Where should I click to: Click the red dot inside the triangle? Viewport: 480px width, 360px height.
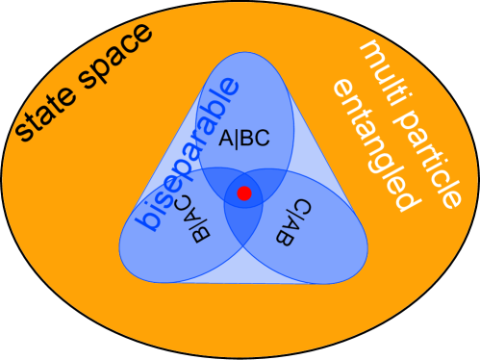click(244, 193)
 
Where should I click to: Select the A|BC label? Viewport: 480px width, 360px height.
click(244, 139)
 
